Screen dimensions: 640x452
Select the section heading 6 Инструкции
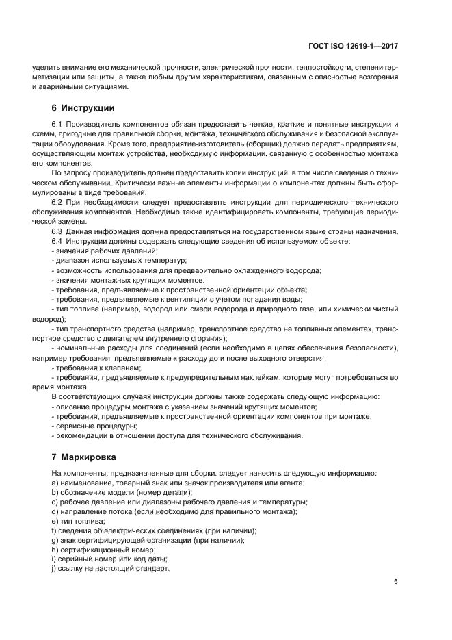[x=83, y=108]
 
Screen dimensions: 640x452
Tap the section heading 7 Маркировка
[x=84, y=457]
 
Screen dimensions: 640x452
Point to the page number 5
[x=396, y=582]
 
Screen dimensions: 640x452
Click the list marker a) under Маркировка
[x=54, y=483]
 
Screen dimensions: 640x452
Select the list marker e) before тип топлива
[x=54, y=521]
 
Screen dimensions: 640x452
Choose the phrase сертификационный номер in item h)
[x=98, y=550]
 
